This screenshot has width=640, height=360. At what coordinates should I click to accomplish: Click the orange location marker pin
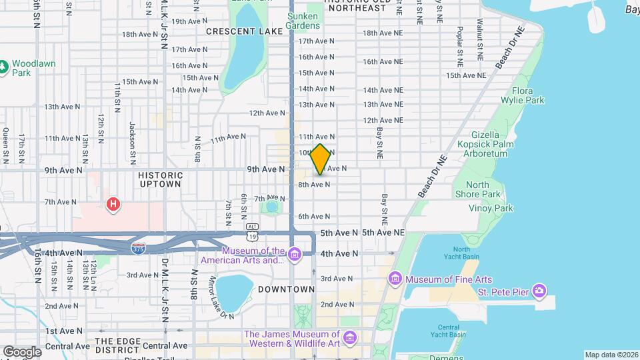321,159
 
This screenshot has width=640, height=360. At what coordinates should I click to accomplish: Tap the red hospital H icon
114,203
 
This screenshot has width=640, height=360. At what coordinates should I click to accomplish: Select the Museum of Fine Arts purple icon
395,277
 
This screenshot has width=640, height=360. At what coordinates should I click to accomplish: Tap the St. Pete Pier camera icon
539,291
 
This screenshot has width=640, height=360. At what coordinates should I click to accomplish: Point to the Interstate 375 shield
139,248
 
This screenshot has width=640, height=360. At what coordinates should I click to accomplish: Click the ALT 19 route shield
252,232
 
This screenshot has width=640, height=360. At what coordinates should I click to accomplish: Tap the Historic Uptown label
159,179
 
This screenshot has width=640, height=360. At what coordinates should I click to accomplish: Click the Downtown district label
286,289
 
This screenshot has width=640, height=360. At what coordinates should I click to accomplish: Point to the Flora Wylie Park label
527,95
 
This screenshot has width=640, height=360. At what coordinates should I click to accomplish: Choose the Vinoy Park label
494,208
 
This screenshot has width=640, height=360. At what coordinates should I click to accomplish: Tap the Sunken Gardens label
303,21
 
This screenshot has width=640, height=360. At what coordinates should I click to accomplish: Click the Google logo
21,352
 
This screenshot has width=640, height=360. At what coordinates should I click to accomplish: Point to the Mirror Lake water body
234,291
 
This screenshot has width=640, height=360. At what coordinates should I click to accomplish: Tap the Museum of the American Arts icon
294,252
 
